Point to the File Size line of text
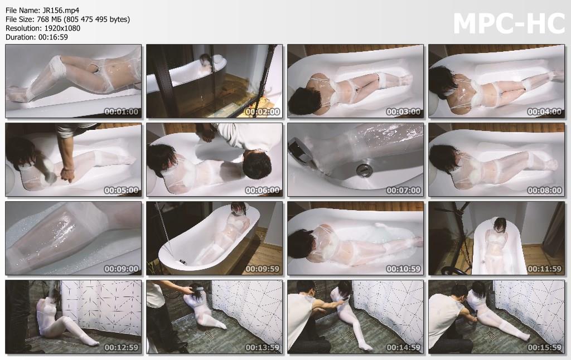pyautogui.click(x=67, y=20)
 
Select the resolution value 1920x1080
pyautogui.click(x=62, y=28)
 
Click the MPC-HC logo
pyautogui.click(x=509, y=23)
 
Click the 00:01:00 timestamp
pyautogui.click(x=121, y=112)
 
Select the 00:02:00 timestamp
pyautogui.click(x=262, y=112)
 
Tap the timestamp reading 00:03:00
pyautogui.click(x=404, y=112)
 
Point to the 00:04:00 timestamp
pyautogui.click(x=544, y=112)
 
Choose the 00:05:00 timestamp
pyautogui.click(x=121, y=191)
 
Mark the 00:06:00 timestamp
pyautogui.click(x=262, y=191)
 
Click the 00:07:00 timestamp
pyautogui.click(x=404, y=191)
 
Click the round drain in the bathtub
pyautogui.click(x=362, y=169)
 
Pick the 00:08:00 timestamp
pyautogui.click(x=544, y=191)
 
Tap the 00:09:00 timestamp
pyautogui.click(x=121, y=269)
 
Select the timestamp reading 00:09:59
pyautogui.click(x=262, y=269)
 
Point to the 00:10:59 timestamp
pyautogui.click(x=404, y=269)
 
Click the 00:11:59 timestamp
pyautogui.click(x=544, y=269)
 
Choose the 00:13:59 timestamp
pyautogui.click(x=262, y=348)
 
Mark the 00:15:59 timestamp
pyautogui.click(x=544, y=348)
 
